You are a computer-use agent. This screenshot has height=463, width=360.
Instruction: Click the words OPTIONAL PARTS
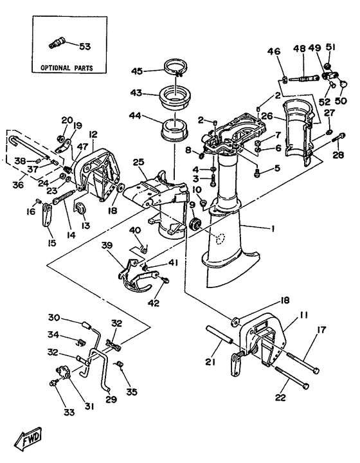(66, 67)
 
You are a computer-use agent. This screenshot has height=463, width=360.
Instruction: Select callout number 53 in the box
(85, 46)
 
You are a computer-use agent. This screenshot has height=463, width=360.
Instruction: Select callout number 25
(138, 161)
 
